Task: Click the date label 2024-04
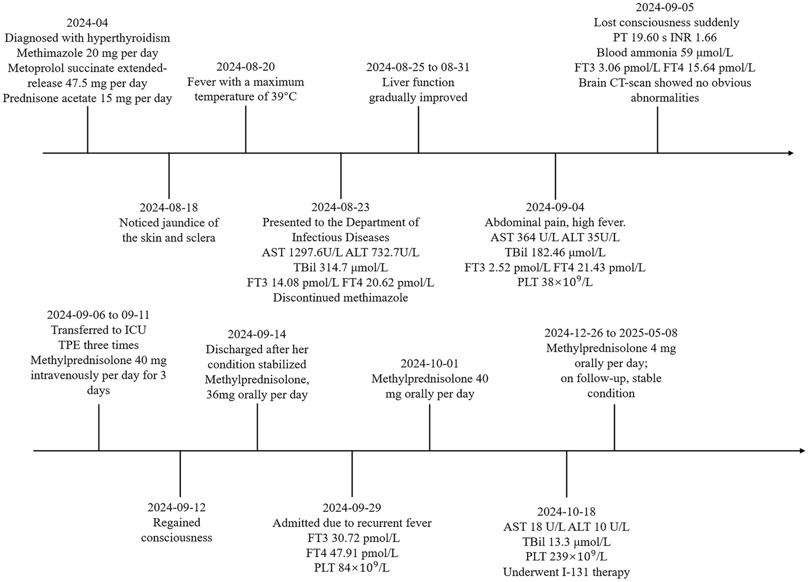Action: click(x=87, y=23)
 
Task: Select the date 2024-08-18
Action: click(x=169, y=208)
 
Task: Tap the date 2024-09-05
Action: click(x=665, y=7)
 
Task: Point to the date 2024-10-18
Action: click(x=566, y=512)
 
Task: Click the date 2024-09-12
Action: click(x=177, y=508)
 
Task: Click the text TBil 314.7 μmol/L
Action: click(x=340, y=268)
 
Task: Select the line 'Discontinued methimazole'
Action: click(x=340, y=298)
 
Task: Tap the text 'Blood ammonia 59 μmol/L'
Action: click(x=665, y=53)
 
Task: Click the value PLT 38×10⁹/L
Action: click(x=554, y=283)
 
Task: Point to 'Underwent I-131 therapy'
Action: click(x=566, y=572)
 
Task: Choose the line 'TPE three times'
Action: click(x=99, y=345)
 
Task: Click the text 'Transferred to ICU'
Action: click(x=99, y=330)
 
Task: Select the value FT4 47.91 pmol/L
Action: click(x=352, y=553)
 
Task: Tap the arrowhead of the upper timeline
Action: click(x=790, y=153)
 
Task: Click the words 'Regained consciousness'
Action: click(x=177, y=530)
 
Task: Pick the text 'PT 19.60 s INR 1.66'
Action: click(x=665, y=37)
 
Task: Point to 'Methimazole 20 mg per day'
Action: click(x=87, y=53)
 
